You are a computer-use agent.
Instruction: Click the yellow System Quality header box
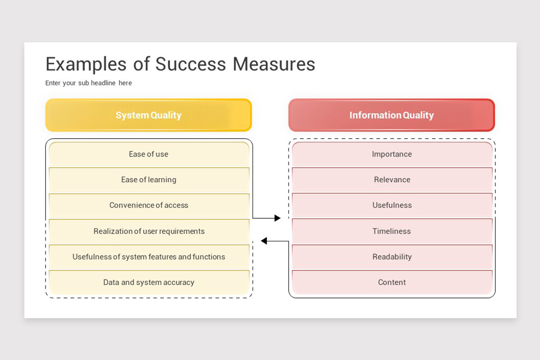[148, 115]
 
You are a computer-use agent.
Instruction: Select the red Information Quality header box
[392, 115]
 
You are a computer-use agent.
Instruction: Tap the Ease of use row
[149, 154]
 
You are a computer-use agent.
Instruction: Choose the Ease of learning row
[149, 180]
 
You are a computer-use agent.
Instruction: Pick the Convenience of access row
[149, 206]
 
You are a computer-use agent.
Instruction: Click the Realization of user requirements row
[149, 231]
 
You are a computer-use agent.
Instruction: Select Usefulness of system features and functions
[149, 257]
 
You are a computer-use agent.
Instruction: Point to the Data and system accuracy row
[149, 282]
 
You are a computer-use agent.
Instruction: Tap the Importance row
[392, 154]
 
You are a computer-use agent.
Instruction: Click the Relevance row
[392, 180]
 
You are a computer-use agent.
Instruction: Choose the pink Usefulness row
[392, 206]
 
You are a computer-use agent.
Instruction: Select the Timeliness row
[392, 231]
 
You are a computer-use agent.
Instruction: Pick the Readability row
[392, 257]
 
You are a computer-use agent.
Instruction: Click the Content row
[392, 282]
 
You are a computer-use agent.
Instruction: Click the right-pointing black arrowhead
[278, 218]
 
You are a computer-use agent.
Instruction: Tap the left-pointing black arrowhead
[264, 241]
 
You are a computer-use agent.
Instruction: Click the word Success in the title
[190, 64]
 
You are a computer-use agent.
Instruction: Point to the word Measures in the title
[274, 64]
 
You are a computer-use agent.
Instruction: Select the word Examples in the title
[86, 65]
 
